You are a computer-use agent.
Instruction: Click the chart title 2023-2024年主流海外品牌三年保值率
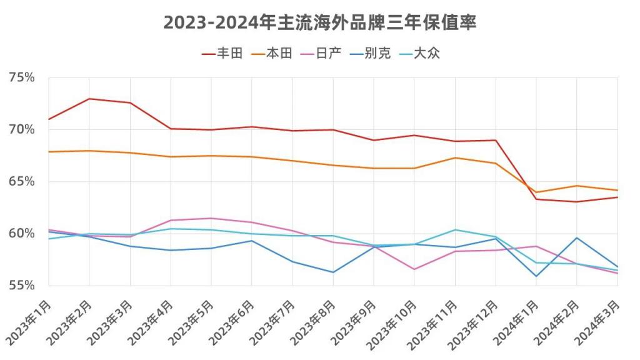click(320, 22)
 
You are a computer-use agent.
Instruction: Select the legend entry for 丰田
click(222, 54)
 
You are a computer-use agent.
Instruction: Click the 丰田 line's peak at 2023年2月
click(89, 99)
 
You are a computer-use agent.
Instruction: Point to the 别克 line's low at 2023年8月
click(333, 272)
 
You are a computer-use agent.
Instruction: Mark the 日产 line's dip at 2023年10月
click(414, 269)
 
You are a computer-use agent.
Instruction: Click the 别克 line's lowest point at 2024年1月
click(536, 276)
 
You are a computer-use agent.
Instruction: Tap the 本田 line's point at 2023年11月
click(455, 157)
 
